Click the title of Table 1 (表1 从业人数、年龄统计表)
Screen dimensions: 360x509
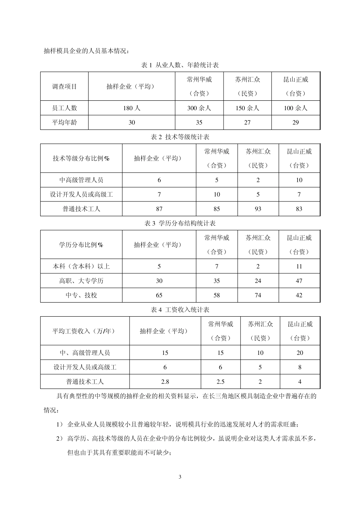tap(180, 65)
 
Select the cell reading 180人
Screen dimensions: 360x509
tap(132, 108)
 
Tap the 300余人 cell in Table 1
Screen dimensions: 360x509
tap(199, 108)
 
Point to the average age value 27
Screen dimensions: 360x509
tap(247, 122)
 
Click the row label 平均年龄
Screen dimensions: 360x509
tap(64, 122)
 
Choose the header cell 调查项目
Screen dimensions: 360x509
tap(64, 87)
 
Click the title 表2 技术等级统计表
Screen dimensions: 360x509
tap(180, 137)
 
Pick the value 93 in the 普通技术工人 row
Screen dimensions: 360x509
tap(258, 209)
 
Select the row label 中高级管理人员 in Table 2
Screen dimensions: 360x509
tap(81, 180)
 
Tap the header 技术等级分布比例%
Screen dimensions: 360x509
tap(81, 158)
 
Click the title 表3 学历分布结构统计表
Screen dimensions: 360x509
tap(180, 223)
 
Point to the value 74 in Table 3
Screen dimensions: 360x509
tap(258, 295)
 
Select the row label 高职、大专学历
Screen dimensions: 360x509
tap(81, 281)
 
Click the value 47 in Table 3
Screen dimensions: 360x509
tap(299, 281)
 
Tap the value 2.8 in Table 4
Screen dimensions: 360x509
tap(165, 381)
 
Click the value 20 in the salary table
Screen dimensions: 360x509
tap(300, 353)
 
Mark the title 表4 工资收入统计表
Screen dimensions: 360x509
tap(180, 310)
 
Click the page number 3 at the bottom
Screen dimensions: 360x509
tap(180, 477)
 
